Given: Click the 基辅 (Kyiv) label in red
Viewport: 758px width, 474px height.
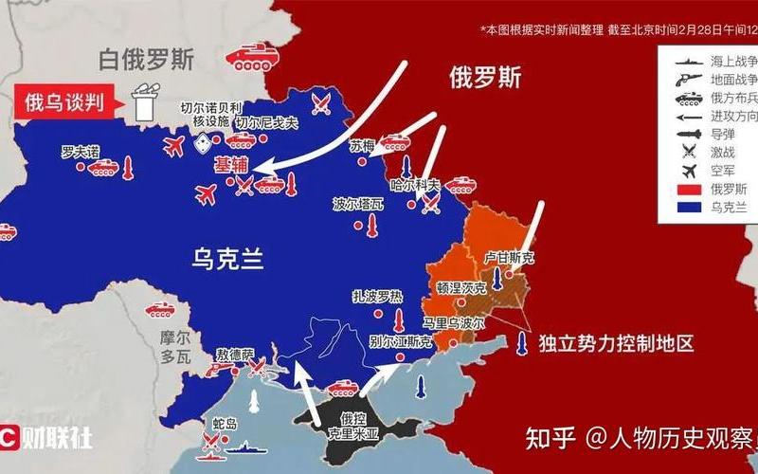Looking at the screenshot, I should click(231, 164).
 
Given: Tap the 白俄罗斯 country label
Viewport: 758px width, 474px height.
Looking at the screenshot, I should click(147, 60).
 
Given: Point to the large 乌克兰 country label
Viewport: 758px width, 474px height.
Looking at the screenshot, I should click(226, 257).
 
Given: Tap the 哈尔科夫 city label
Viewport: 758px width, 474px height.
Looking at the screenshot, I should click(416, 184).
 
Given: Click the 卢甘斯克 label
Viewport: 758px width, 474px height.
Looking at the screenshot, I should click(510, 257).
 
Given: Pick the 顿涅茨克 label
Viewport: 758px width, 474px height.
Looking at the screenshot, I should click(461, 287).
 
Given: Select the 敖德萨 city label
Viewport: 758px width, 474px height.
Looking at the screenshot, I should click(235, 354).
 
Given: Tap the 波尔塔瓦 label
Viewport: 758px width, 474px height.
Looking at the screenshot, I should click(358, 204).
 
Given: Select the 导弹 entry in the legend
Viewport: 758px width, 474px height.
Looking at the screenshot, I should click(708, 135).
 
